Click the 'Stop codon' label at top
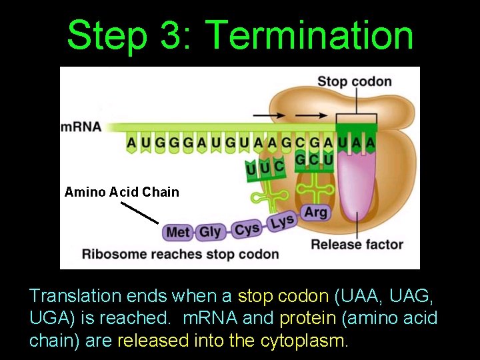pyautogui.click(x=354, y=82)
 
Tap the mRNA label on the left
pyautogui.click(x=81, y=127)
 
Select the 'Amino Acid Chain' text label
pyautogui.click(x=122, y=192)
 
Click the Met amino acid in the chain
pyautogui.click(x=178, y=233)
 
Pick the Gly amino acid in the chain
pyautogui.click(x=210, y=231)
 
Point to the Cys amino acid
pyautogui.click(x=247, y=229)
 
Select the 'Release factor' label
pyautogui.click(x=357, y=244)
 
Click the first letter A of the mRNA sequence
pyautogui.click(x=131, y=142)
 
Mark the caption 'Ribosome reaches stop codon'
pyautogui.click(x=180, y=254)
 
